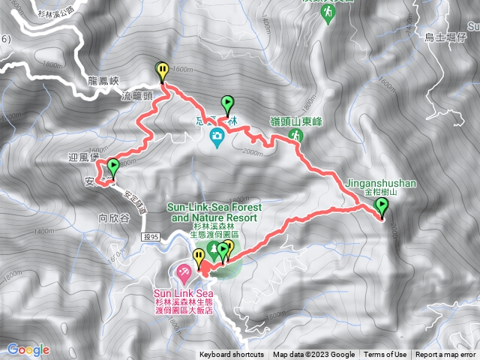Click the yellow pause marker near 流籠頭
(x=163, y=70)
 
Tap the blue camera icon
(x=217, y=136)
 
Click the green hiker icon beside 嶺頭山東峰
(x=297, y=134)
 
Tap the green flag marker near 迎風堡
(x=113, y=166)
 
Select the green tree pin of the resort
(x=212, y=248)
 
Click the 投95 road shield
(x=150, y=237)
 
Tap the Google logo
(x=28, y=349)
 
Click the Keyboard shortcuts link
(x=232, y=355)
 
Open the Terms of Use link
(x=385, y=355)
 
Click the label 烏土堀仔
(x=445, y=37)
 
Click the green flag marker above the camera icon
(x=227, y=103)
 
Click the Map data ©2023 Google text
(x=313, y=355)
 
